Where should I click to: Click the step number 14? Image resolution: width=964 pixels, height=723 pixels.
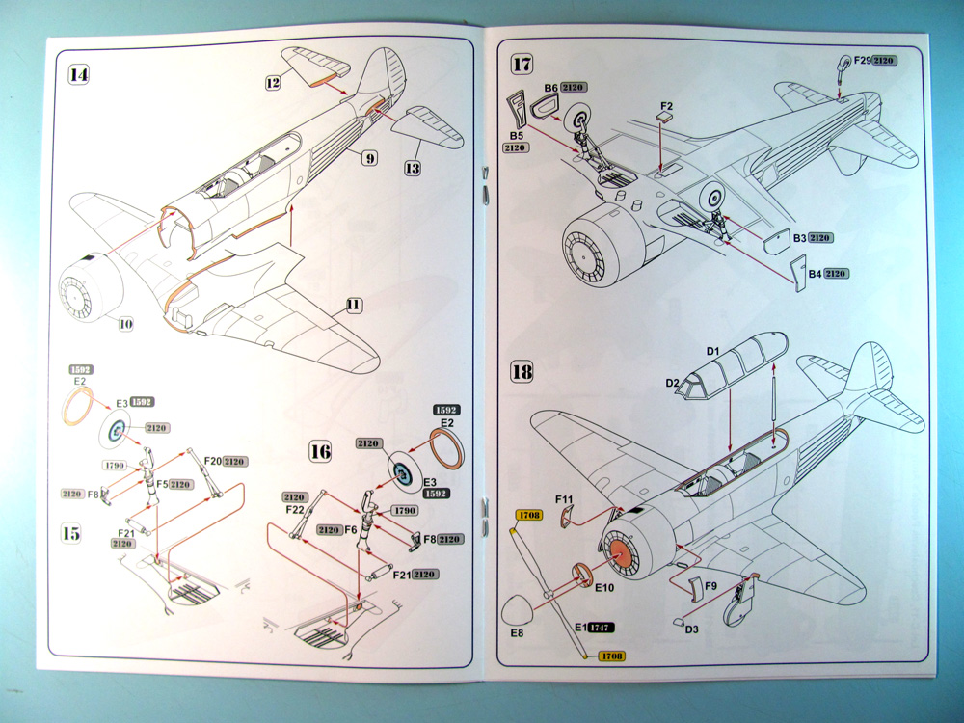(79, 75)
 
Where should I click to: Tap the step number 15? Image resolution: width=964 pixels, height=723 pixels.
(71, 533)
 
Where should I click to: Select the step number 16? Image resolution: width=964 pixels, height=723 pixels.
(320, 452)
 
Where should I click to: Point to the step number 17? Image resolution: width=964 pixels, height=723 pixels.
(522, 64)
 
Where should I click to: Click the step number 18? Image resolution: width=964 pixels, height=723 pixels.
(522, 372)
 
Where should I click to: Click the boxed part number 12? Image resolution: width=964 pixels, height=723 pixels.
(273, 82)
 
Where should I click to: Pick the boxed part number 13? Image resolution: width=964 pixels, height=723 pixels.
(413, 168)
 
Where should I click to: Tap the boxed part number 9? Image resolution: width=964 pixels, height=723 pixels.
(369, 159)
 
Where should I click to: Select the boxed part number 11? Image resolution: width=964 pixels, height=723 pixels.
(354, 305)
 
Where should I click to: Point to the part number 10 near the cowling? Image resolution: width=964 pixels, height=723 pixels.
(125, 324)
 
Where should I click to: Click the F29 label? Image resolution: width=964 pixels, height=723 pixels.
(863, 60)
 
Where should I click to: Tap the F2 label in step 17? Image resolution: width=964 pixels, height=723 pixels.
(667, 106)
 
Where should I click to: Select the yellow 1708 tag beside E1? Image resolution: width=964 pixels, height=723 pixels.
(612, 656)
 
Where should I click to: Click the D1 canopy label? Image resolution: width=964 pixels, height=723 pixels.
(712, 351)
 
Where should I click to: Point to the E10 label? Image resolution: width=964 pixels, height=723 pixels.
(604, 588)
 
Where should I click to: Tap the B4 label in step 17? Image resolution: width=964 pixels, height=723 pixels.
(815, 274)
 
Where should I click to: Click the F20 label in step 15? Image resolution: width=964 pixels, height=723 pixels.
(213, 461)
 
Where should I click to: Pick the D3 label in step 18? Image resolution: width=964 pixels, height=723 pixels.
(691, 629)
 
